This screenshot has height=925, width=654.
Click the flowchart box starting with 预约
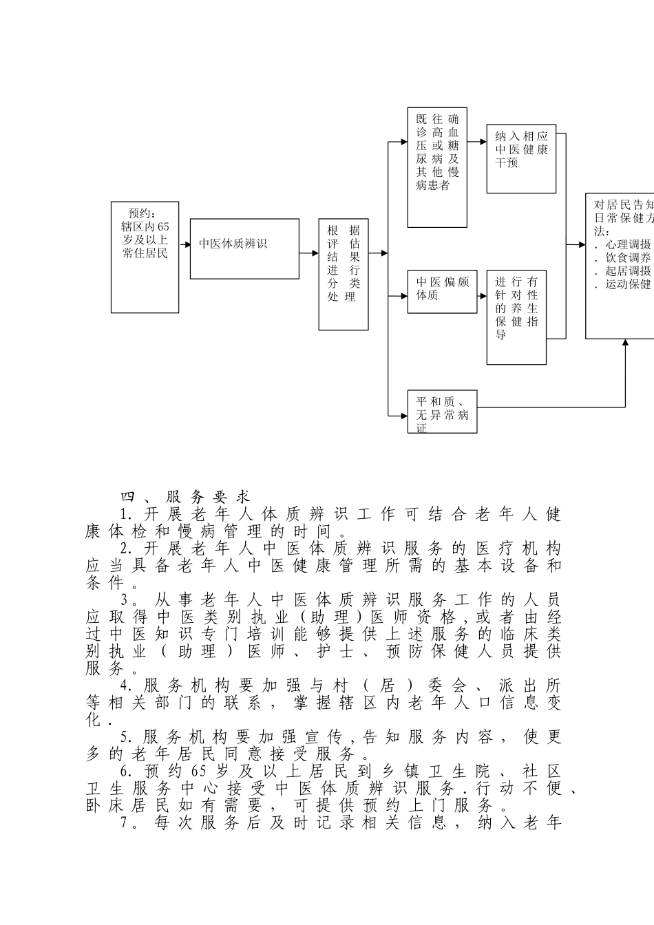coord(145,257)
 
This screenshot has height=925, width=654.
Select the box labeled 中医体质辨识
coord(244,248)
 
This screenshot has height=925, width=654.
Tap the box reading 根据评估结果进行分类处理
coord(344,274)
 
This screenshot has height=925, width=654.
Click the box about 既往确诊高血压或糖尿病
coord(437,167)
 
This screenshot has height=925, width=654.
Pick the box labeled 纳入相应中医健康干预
coord(521,158)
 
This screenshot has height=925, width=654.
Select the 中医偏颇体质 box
coord(442,291)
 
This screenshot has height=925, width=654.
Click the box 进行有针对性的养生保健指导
coord(516,317)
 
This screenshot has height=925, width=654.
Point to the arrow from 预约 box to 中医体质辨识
coord(184,244)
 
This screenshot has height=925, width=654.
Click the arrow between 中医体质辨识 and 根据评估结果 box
coord(309,253)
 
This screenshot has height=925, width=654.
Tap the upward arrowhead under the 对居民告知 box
coord(625,343)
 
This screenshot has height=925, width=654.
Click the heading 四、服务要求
coord(185,497)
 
